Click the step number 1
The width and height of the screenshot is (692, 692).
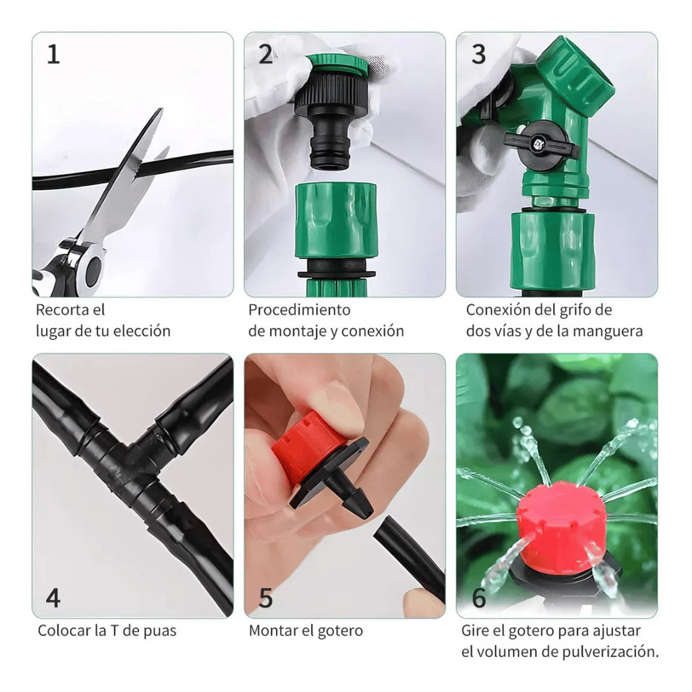click(x=54, y=55)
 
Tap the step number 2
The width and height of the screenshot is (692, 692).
click(x=266, y=55)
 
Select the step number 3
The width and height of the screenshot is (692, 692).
click(x=478, y=55)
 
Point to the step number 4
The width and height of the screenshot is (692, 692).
click(x=53, y=598)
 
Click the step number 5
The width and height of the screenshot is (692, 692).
click(x=266, y=598)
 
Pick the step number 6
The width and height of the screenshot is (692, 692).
click(x=479, y=598)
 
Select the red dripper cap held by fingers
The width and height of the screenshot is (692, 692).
click(x=308, y=447)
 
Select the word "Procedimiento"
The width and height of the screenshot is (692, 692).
click(x=299, y=310)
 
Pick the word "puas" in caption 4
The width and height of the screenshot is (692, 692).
click(x=158, y=630)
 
